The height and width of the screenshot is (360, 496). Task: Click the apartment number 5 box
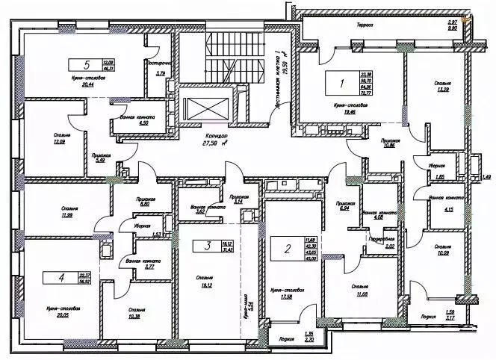pos(85,64)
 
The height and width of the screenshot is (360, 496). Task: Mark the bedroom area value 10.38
pos(136,317)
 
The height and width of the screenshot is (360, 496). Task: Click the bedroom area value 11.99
pos(52,215)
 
